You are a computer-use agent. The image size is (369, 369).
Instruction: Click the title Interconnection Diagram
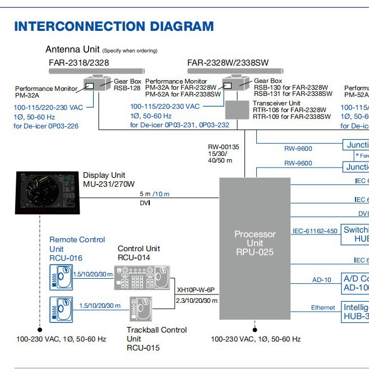pyautogui.click(x=114, y=26)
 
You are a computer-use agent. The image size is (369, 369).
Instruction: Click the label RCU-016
pyautogui.click(x=66, y=258)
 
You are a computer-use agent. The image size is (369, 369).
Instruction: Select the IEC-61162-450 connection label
pyautogui.click(x=315, y=230)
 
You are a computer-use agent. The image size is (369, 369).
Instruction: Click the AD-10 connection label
pyautogui.click(x=322, y=279)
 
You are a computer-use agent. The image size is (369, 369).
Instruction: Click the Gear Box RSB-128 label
pyautogui.click(x=127, y=84)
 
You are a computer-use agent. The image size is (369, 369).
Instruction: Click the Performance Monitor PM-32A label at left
pyautogui.click(x=46, y=92)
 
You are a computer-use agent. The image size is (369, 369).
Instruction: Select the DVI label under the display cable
pyautogui.click(x=145, y=202)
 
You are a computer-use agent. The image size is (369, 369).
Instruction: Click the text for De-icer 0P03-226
pyautogui.click(x=46, y=126)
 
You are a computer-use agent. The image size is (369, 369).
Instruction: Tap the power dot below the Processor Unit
pyautogui.click(x=254, y=330)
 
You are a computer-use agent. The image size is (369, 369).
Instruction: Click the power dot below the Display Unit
pyautogui.click(x=40, y=330)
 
